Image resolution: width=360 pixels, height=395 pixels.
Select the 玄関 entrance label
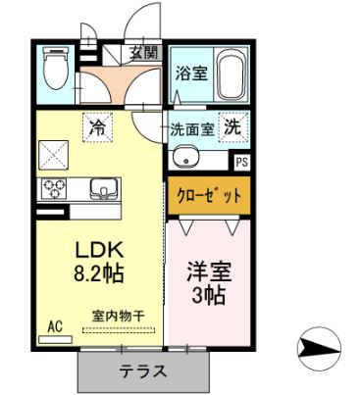click(143, 54)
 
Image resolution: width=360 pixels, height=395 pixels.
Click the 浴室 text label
click(188, 74)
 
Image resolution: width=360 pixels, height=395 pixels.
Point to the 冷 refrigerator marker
click(98, 124)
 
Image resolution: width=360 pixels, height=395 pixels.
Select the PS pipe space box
click(240, 160)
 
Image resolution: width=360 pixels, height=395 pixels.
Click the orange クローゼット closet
click(207, 196)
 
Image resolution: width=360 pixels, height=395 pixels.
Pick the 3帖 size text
click(207, 294)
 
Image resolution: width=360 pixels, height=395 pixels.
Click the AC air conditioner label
click(55, 323)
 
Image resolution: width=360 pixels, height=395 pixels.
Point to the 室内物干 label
click(119, 315)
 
